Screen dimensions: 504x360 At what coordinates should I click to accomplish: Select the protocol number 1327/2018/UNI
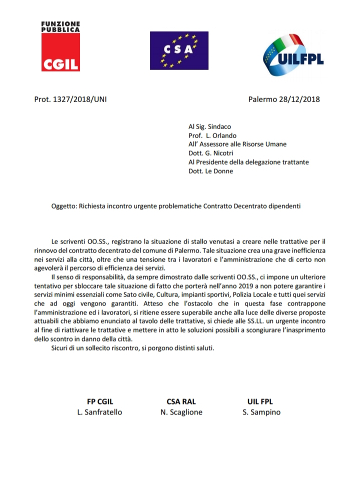tap(78, 99)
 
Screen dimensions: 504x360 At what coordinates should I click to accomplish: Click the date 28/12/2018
tap(298, 99)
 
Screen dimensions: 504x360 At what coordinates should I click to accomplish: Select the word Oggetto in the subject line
tap(63, 206)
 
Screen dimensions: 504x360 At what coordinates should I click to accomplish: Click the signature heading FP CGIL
tap(103, 401)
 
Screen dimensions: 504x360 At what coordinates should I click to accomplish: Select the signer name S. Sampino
tap(260, 412)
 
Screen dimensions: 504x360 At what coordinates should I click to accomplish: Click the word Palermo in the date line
tap(262, 99)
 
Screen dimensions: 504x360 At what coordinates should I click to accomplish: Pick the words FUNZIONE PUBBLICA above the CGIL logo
tap(59, 27)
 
